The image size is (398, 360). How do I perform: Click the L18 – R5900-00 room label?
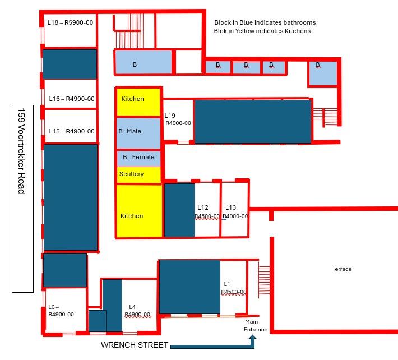(70, 22)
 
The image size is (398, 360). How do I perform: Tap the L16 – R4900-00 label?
(72, 99)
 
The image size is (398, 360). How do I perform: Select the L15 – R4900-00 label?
(72, 131)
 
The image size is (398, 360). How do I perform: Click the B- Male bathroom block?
(138, 133)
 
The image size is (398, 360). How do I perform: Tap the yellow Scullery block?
(138, 175)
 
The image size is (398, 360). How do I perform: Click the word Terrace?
(342, 269)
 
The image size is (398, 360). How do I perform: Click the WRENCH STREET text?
(135, 345)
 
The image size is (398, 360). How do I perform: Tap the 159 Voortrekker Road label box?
(22, 199)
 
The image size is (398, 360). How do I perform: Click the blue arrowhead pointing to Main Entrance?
(253, 338)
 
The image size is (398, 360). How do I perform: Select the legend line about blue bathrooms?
(265, 22)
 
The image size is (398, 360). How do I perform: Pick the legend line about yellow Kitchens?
(262, 31)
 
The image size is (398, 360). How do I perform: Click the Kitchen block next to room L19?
(138, 102)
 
